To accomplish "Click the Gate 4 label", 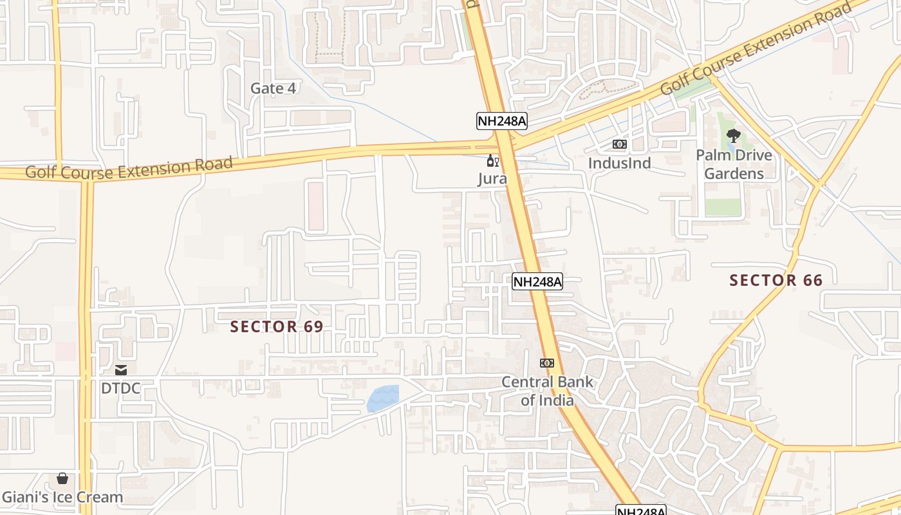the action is coord(273,88).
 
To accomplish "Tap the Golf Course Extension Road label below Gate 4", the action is coord(129,168).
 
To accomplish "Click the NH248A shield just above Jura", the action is coord(501,121).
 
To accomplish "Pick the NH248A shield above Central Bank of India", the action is coord(537,281).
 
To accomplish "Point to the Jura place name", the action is coord(492,178).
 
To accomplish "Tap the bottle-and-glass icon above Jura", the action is coord(492,161).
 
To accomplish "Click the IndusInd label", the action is coord(619,163).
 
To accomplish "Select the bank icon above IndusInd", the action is coord(619,144).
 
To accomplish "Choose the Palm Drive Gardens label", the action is coord(734,164).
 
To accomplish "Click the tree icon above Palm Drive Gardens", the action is coord(733,136).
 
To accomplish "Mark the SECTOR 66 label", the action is coord(776,280).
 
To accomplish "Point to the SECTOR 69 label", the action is coord(277,326).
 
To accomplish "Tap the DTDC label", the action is coord(120,388).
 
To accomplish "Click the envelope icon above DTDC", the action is coord(120,370).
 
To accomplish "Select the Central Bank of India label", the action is coord(547,390).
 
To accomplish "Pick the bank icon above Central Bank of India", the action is coord(547,363).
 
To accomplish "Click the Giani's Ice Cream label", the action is coord(62,497).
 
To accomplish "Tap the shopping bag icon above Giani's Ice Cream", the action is coord(62,478).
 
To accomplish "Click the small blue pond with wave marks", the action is coord(383,398).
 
